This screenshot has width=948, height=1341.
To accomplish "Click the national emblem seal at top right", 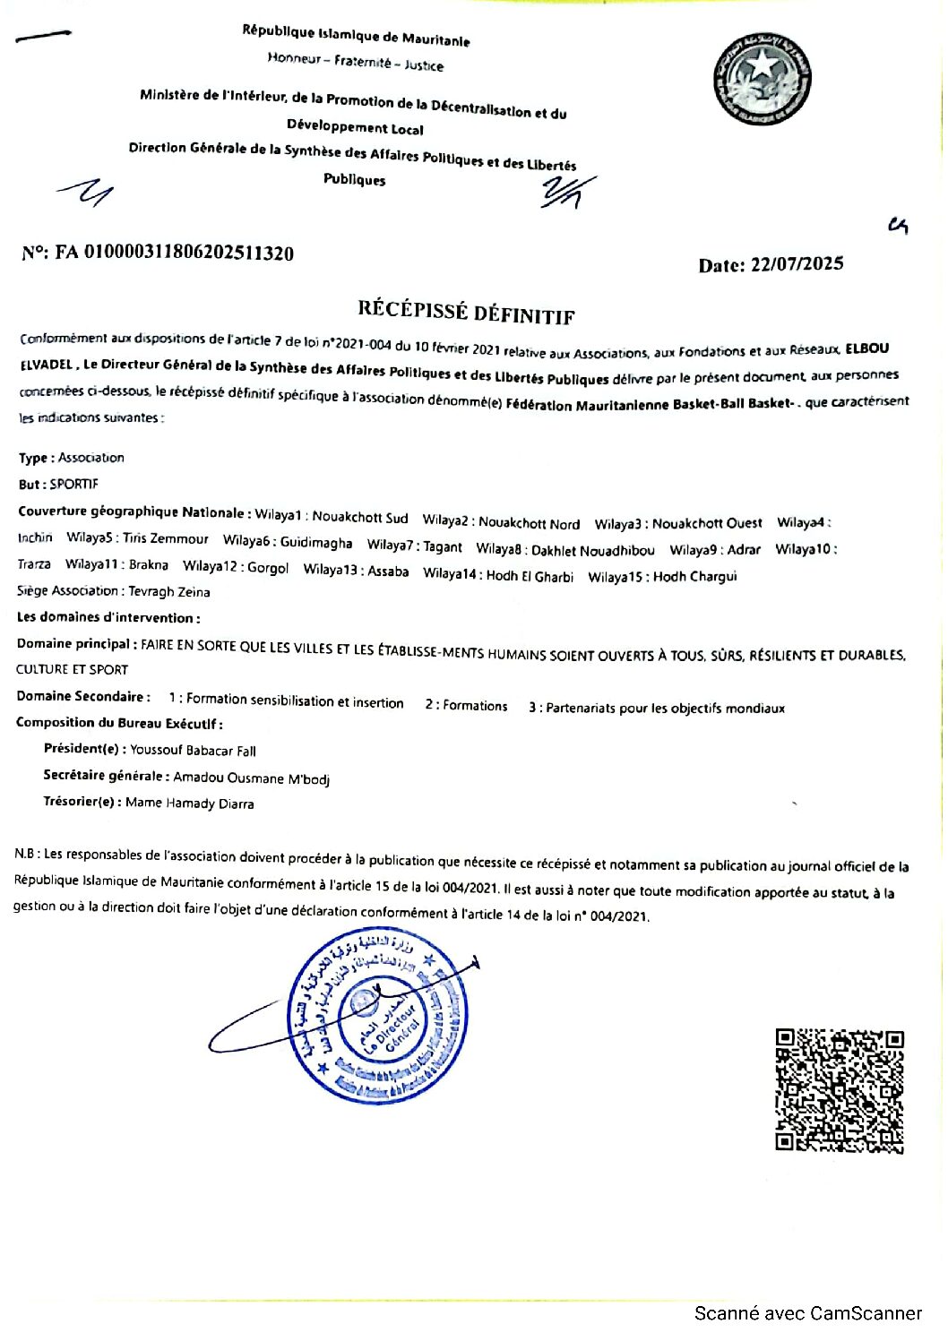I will (x=762, y=80).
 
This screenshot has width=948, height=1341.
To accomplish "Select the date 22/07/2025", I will (x=797, y=264).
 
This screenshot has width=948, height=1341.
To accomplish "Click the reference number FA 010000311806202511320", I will (x=188, y=254).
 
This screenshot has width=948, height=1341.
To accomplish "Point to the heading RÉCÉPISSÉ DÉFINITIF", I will (x=466, y=312).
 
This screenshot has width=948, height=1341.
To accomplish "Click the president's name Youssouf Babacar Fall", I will (x=193, y=751).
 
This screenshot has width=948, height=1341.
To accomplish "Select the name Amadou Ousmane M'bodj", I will (x=251, y=778).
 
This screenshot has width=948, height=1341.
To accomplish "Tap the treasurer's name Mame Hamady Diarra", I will (x=189, y=804).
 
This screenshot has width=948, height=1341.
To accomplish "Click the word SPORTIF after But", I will (x=73, y=484).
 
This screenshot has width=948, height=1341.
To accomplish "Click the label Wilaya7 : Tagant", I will (x=415, y=546).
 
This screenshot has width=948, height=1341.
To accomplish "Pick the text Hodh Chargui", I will (x=694, y=576).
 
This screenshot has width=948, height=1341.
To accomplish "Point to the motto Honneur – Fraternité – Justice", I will (x=355, y=61).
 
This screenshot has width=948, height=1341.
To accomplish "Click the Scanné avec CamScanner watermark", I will (x=808, y=1313).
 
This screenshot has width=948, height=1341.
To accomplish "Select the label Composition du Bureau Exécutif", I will (x=119, y=723).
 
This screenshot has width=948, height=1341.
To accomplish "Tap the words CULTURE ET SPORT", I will (x=72, y=669).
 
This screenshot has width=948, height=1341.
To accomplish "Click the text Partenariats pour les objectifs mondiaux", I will (x=665, y=708).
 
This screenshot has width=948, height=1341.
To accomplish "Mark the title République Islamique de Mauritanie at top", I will (x=356, y=35).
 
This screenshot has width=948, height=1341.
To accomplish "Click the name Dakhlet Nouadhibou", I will (x=592, y=550).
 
